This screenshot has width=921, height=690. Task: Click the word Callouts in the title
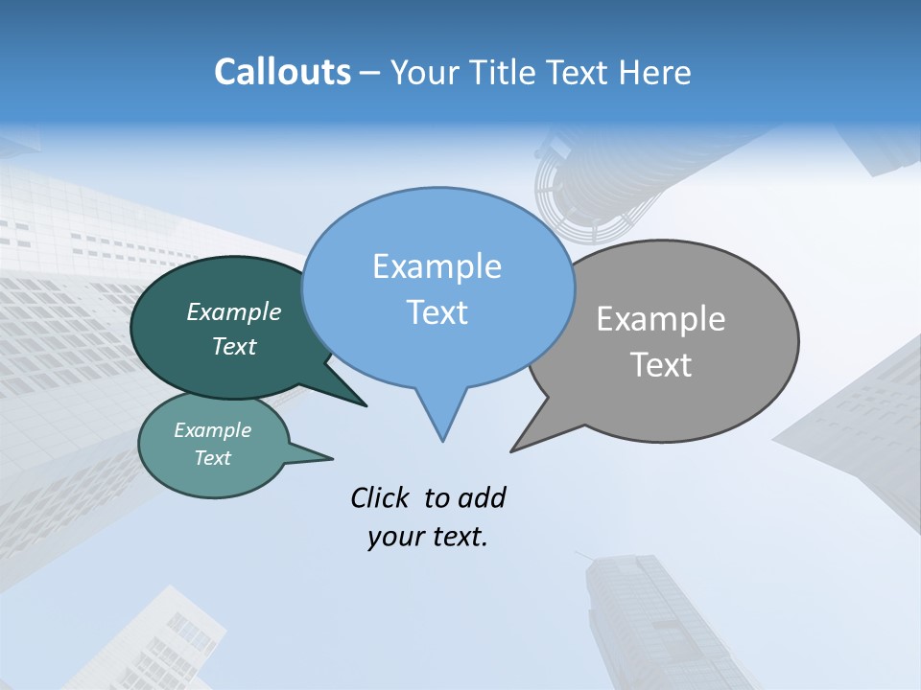282,72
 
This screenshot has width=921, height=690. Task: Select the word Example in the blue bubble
437,266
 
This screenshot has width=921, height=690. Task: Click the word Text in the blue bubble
437,312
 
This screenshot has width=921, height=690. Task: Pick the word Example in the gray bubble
661,319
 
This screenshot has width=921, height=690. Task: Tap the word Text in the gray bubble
661,365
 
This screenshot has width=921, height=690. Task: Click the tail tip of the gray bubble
512,450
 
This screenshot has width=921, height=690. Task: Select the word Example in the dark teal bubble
234,311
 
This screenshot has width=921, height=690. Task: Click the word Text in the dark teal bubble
234,346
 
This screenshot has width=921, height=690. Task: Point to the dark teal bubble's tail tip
366,405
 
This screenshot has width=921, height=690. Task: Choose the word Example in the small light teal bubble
213,430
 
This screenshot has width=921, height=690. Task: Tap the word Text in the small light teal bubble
213,458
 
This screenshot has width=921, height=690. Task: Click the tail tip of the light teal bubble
332,458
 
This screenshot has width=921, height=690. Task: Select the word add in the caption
482,497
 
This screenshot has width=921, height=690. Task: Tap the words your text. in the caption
428,537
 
